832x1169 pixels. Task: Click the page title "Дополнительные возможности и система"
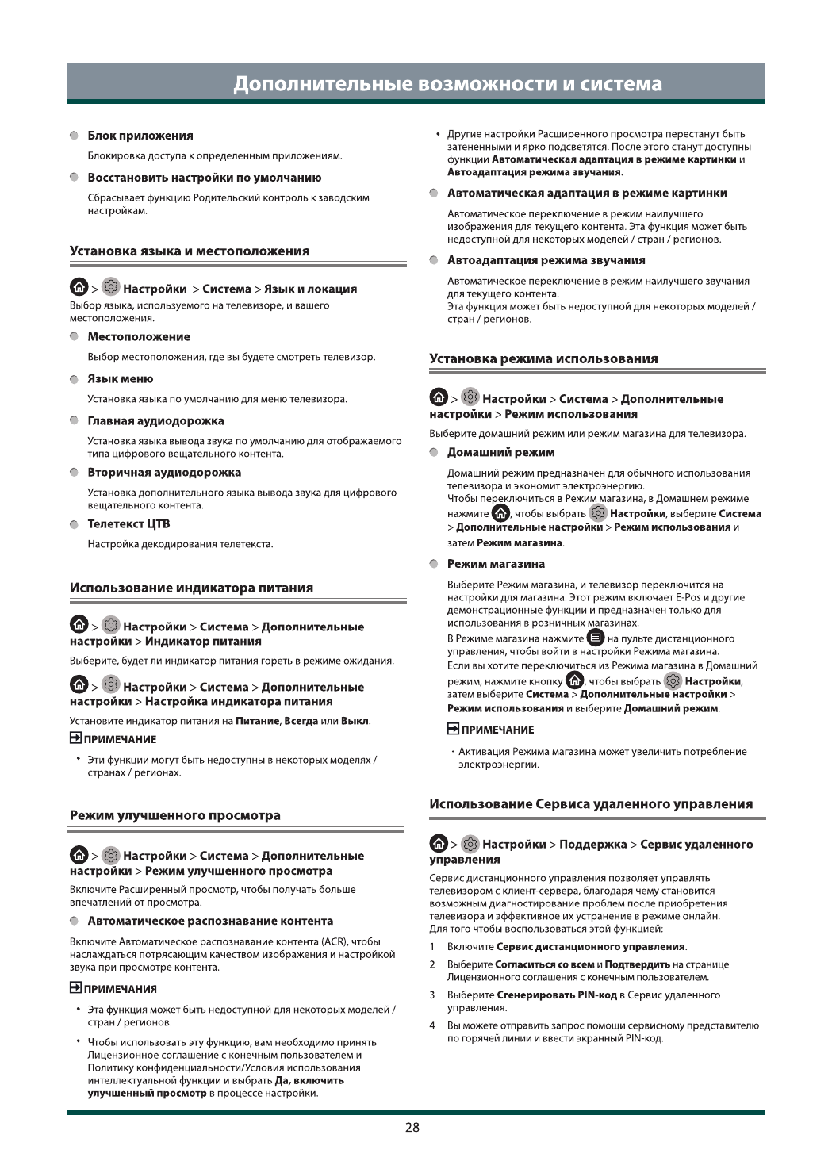(x=447, y=84)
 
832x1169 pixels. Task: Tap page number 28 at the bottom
(x=412, y=1127)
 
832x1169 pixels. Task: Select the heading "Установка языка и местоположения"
(x=190, y=251)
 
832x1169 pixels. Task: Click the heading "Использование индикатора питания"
(x=191, y=588)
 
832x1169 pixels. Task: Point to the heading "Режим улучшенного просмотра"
(x=174, y=815)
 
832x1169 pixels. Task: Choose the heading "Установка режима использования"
(x=543, y=358)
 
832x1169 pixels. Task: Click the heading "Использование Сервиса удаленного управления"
(x=591, y=803)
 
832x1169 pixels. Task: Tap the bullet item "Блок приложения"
(x=140, y=136)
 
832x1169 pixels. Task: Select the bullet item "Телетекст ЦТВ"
(x=128, y=523)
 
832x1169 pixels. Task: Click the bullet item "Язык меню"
(x=120, y=379)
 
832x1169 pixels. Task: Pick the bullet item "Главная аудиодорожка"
(x=155, y=421)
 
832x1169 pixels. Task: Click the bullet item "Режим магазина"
(x=496, y=564)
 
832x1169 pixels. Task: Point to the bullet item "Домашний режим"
(x=500, y=452)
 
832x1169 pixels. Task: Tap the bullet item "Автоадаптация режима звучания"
(x=546, y=260)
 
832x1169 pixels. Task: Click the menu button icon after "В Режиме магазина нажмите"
(x=596, y=638)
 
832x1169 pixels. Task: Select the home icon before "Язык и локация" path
(x=79, y=288)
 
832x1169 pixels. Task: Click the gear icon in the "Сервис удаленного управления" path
(x=470, y=844)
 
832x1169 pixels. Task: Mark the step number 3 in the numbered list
(x=432, y=995)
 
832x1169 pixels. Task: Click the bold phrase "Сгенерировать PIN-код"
(x=556, y=995)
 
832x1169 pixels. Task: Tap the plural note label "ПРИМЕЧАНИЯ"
(x=120, y=989)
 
